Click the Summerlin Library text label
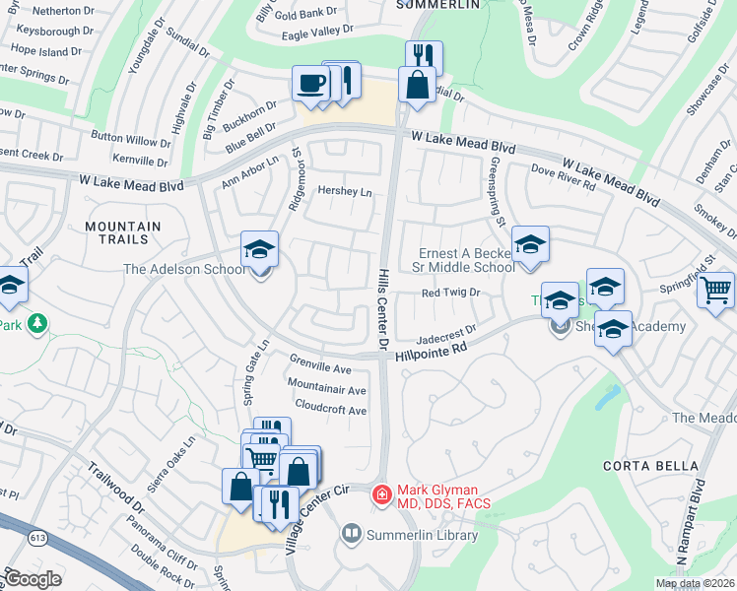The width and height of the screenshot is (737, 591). tap(422, 536)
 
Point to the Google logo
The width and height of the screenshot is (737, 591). tap(33, 579)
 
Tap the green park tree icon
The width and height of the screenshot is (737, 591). tap(36, 323)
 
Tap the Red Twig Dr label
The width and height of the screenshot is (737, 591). tap(449, 293)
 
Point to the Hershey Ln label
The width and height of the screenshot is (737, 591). tap(345, 192)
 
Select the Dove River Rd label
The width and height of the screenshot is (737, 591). tap(565, 177)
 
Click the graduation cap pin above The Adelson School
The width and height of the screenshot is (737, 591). tap(260, 248)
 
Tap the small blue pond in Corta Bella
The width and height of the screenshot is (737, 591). tap(605, 398)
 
